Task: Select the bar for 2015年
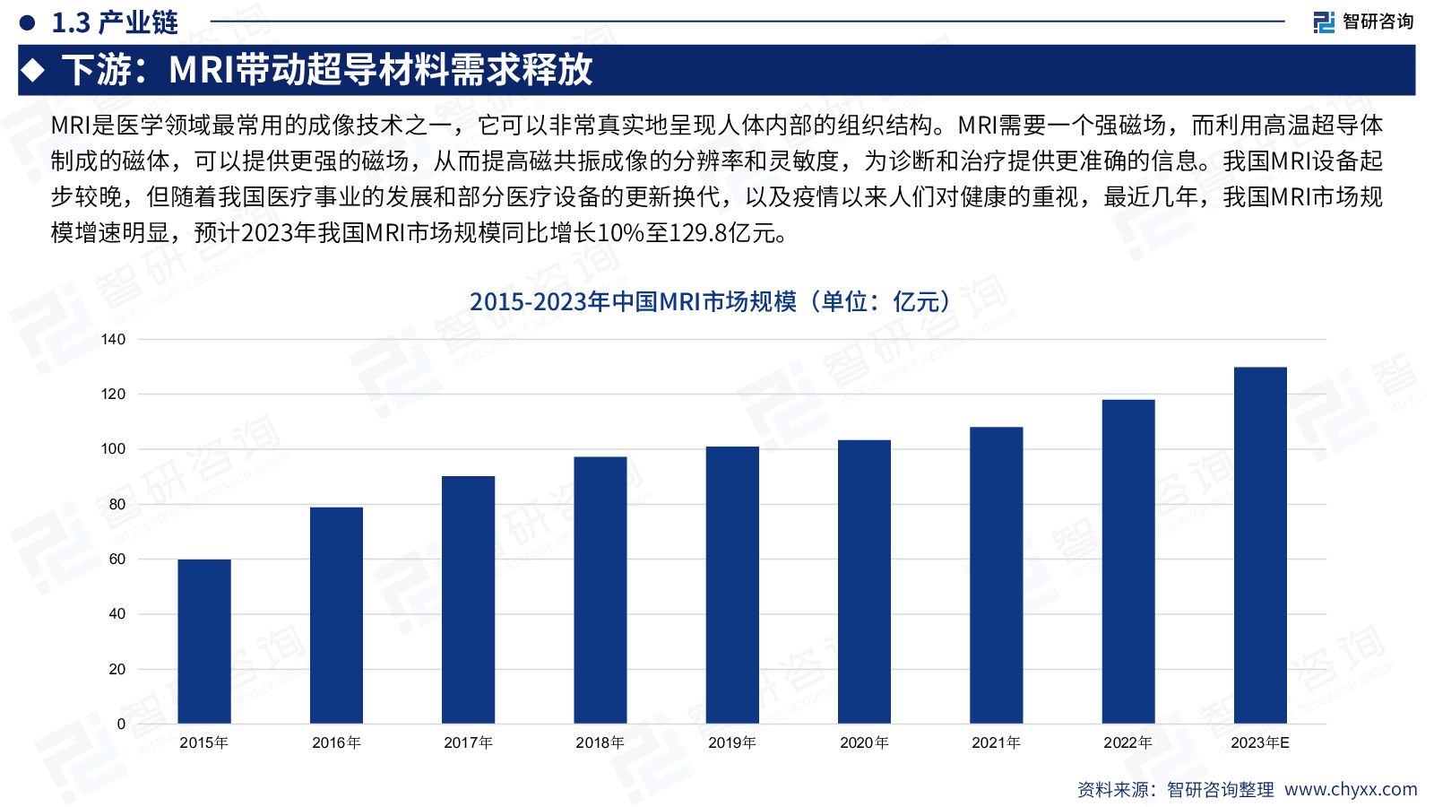click(x=204, y=641)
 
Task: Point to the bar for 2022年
click(x=1128, y=561)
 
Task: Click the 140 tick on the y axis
click(x=114, y=339)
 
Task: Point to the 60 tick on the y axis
click(x=117, y=559)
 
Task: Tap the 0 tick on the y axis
click(x=121, y=724)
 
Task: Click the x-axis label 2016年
click(x=336, y=742)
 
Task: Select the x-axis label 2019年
click(x=732, y=742)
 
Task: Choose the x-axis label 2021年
click(x=996, y=742)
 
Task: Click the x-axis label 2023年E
click(x=1260, y=742)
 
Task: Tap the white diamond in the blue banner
click(x=34, y=70)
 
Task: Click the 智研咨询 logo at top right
click(x=1363, y=22)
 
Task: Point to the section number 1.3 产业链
click(x=115, y=22)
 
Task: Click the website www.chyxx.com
click(x=1351, y=789)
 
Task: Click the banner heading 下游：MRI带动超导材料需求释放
click(x=327, y=70)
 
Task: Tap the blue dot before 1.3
click(x=27, y=22)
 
